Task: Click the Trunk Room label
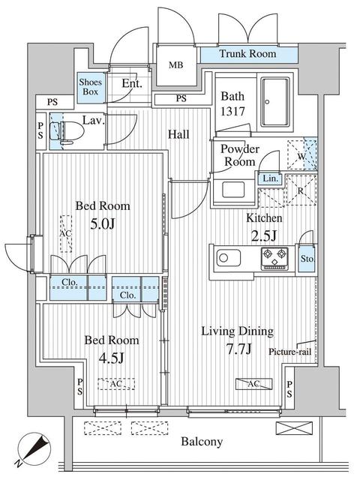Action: click(247, 54)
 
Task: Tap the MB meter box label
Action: click(176, 65)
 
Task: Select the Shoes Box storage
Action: click(91, 87)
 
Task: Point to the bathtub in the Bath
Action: click(274, 102)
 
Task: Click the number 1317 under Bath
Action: click(232, 112)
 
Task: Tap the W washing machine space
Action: click(301, 155)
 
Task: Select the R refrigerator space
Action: click(301, 190)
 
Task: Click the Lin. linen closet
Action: click(270, 178)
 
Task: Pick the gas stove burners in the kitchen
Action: click(274, 259)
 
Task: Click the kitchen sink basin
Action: click(228, 257)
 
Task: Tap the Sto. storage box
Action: click(307, 259)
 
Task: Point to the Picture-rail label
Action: click(289, 352)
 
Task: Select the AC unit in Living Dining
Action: click(253, 384)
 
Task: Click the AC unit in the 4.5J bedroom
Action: click(116, 384)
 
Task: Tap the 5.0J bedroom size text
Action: click(103, 224)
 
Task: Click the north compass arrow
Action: click(35, 448)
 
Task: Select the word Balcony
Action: click(202, 442)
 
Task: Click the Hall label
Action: click(178, 134)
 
